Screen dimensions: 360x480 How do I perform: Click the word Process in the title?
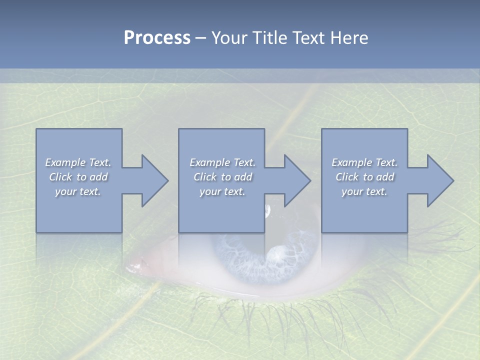(157, 38)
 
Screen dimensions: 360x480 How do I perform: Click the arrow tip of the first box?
(166, 180)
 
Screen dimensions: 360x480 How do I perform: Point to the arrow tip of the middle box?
(308, 180)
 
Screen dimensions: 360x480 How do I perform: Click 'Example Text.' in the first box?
(78, 162)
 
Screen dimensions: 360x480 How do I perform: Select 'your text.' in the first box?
(78, 191)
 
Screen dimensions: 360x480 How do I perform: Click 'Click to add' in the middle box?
(222, 177)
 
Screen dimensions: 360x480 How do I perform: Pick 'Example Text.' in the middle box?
(222, 162)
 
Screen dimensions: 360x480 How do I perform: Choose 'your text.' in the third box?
(364, 191)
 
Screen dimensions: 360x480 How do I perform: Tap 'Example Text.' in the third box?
(364, 162)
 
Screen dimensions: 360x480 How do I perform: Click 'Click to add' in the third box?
(364, 177)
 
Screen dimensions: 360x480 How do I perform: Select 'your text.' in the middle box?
(222, 191)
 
